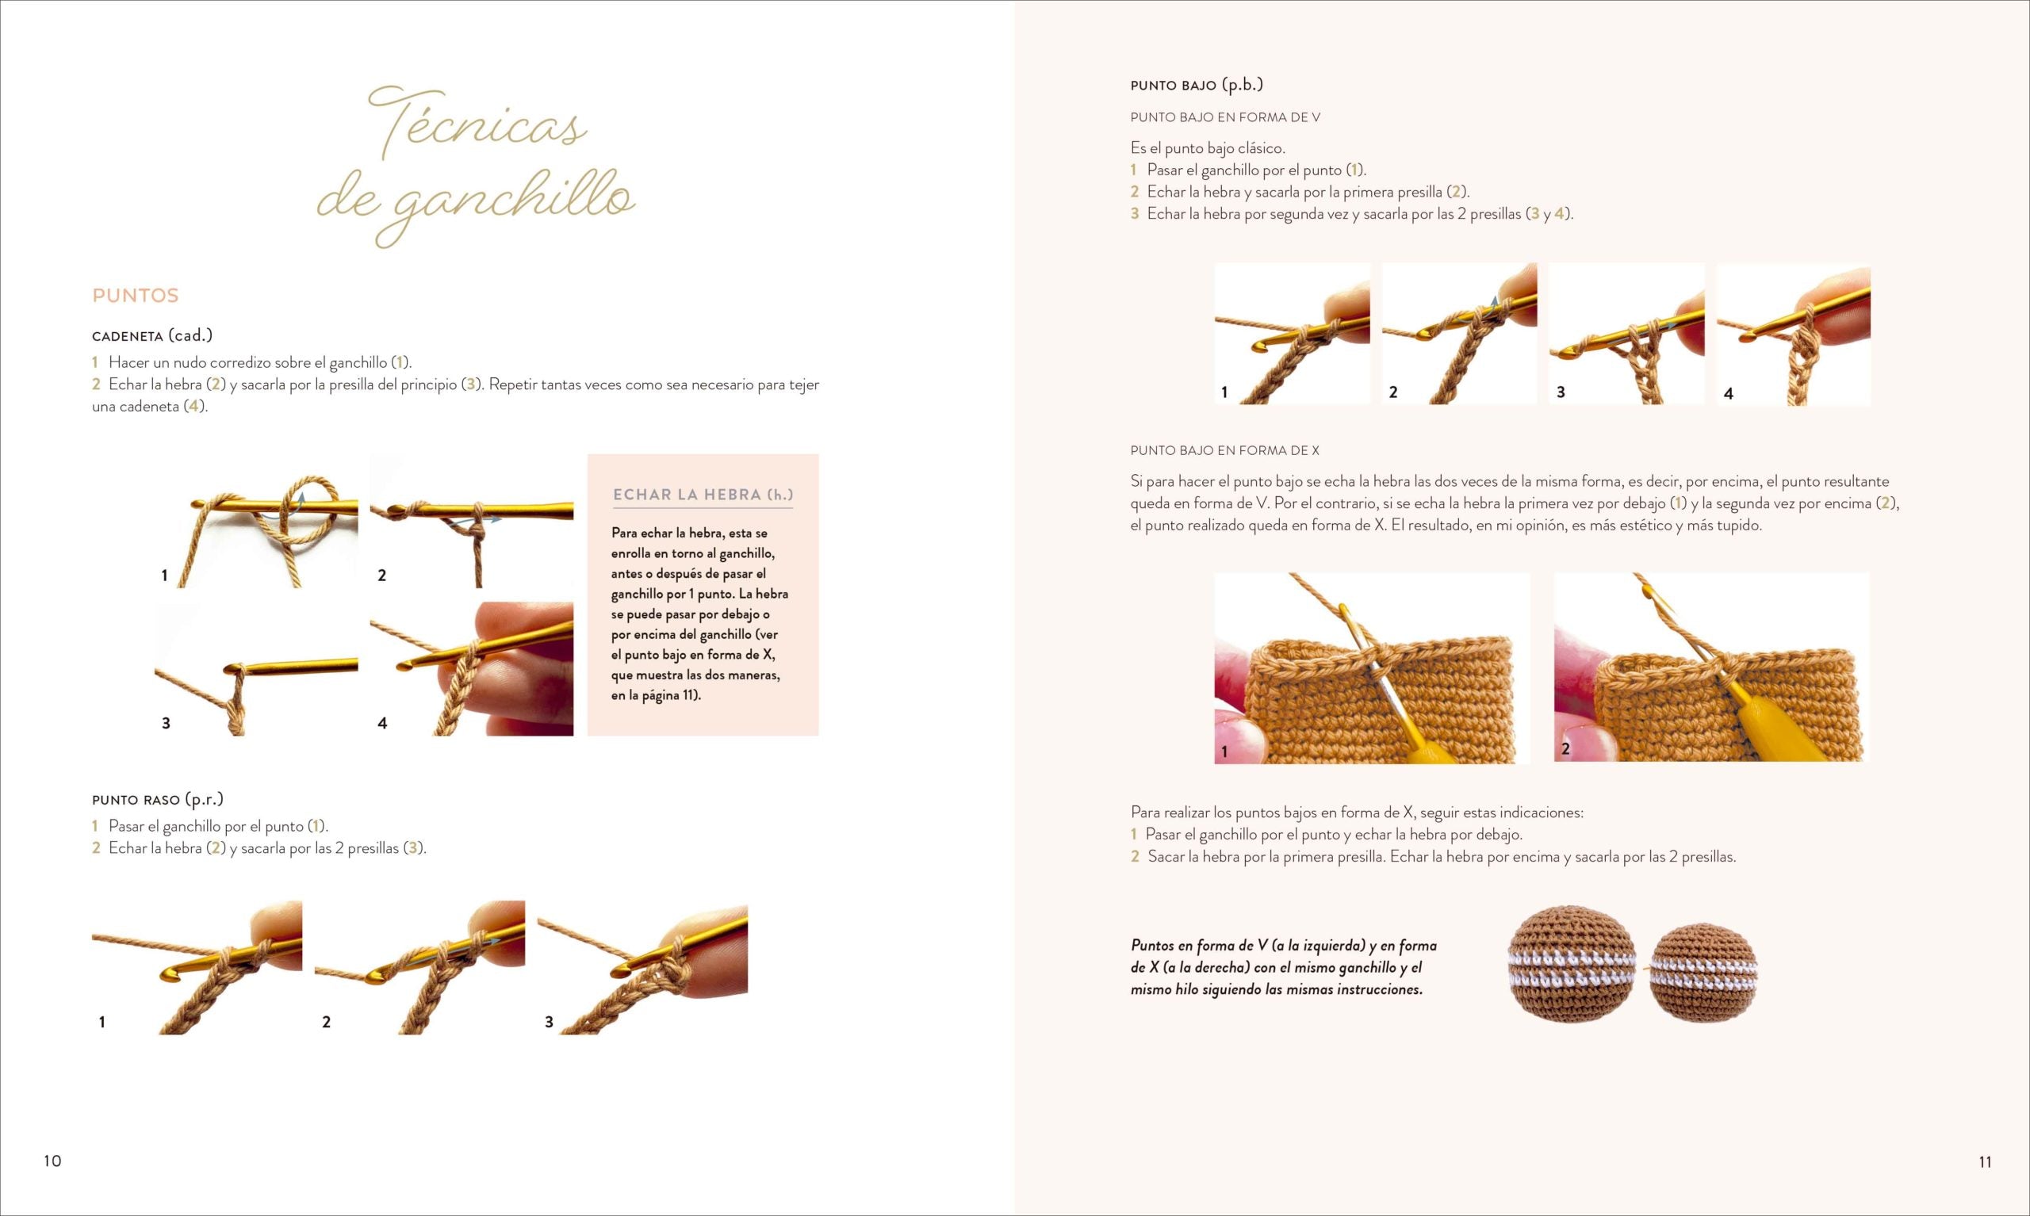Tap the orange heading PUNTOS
coord(136,296)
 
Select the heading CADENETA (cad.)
coord(152,335)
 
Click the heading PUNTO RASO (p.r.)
coord(157,799)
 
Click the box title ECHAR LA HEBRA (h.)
coord(703,495)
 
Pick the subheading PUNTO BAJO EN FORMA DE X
coord(1224,451)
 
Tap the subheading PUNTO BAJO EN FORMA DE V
coord(1225,117)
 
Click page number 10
coord(52,1161)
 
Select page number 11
coord(1985,1162)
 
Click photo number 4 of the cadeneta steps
coord(472,668)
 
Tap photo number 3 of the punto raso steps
coord(642,968)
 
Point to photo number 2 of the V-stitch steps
coord(1460,334)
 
